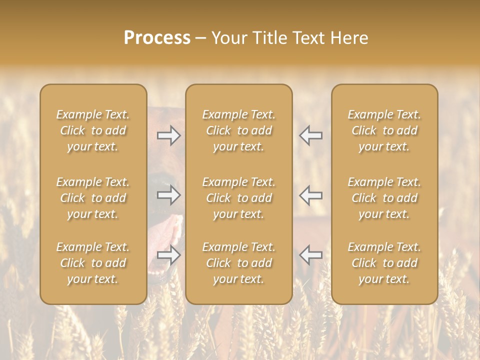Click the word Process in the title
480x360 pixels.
coord(157,38)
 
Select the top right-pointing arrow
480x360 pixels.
coord(168,135)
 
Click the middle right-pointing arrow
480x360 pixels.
coord(168,195)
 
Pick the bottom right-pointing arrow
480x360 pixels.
coord(168,255)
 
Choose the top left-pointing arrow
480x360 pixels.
coord(310,135)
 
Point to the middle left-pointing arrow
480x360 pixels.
coord(310,195)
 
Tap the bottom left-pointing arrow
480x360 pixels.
coord(310,255)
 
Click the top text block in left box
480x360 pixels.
coord(93,130)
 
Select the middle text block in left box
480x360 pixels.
coord(93,198)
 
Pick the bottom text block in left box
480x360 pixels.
coord(93,263)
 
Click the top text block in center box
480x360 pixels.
coord(238,130)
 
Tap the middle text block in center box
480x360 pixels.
coord(238,198)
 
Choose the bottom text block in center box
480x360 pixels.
coord(238,263)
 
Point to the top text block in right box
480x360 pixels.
coord(384,130)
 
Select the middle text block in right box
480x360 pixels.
coord(384,198)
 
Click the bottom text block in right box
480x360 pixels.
coord(384,263)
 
